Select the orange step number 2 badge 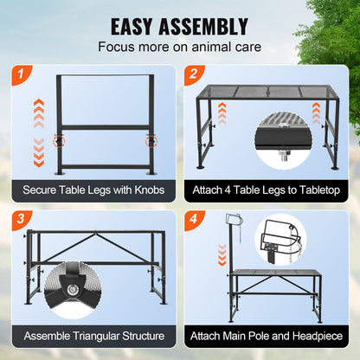[195, 75]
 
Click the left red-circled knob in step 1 [59, 138]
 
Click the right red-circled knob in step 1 [151, 138]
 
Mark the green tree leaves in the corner [342, 35]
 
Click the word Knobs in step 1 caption [157, 189]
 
